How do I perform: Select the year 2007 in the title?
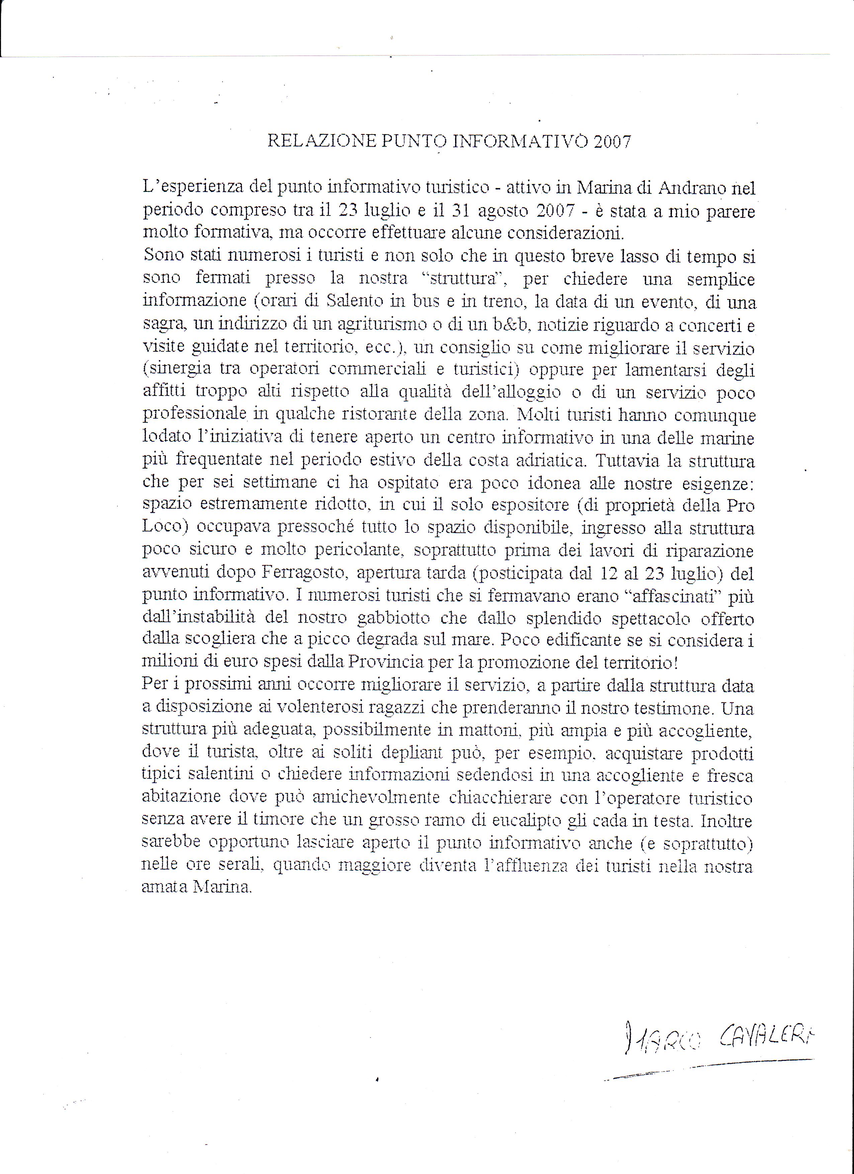point(612,141)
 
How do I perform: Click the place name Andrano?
point(688,188)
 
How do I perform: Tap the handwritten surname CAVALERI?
point(766,1033)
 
